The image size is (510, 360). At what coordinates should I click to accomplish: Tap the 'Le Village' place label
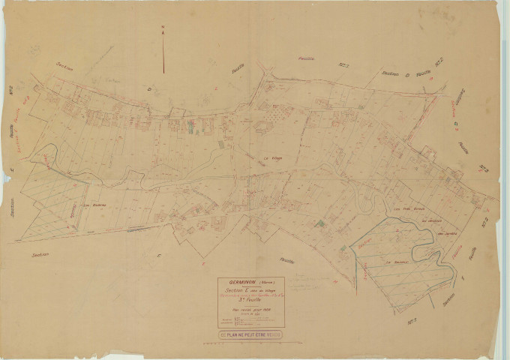point(271,157)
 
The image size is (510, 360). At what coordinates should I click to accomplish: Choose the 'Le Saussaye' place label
point(395,262)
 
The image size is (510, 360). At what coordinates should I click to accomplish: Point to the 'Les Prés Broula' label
point(408,210)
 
